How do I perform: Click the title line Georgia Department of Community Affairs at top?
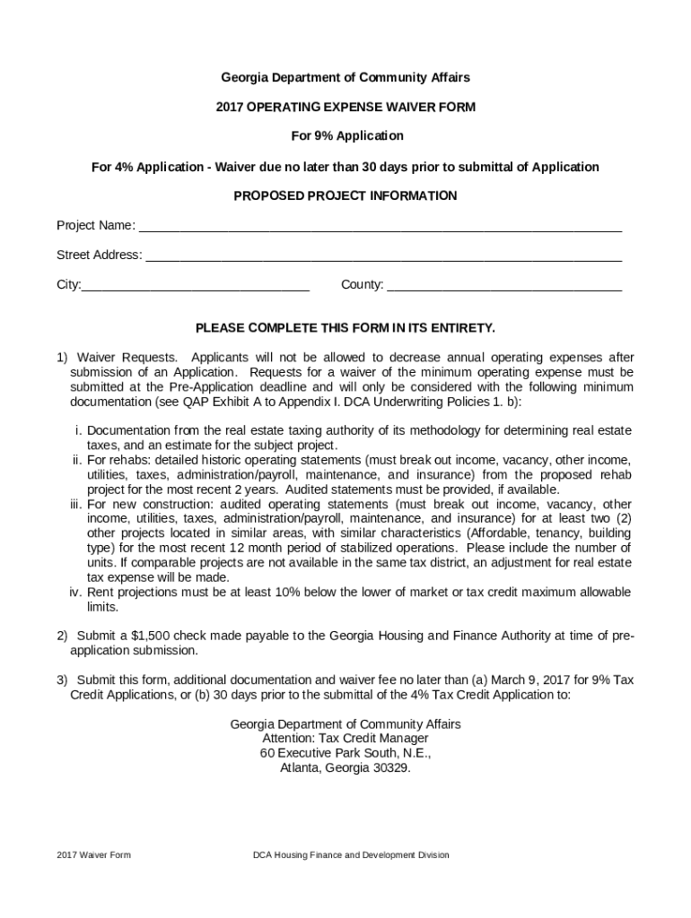[x=345, y=78]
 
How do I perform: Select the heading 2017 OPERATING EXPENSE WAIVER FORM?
[x=345, y=108]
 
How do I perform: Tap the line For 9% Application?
[x=345, y=136]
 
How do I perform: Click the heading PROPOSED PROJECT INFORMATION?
[x=345, y=195]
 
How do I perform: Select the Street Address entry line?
[x=383, y=255]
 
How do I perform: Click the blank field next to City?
[x=195, y=286]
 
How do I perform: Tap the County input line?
[x=504, y=286]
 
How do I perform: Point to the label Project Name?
[x=95, y=225]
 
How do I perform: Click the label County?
[x=362, y=285]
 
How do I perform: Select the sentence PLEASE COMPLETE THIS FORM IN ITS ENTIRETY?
[x=345, y=328]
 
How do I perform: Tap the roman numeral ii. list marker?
[x=77, y=460]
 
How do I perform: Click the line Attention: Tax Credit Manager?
[x=345, y=739]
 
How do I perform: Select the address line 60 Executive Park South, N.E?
[x=345, y=753]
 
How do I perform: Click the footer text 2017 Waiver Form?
[x=93, y=855]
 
